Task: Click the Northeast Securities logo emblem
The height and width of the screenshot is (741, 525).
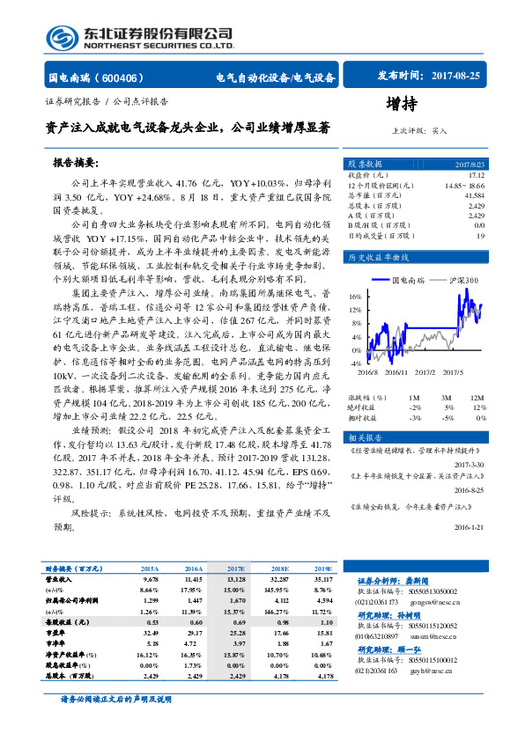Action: (x=61, y=38)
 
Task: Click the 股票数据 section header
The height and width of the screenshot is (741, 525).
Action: (x=365, y=165)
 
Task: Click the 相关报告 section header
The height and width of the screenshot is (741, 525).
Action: (x=364, y=437)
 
